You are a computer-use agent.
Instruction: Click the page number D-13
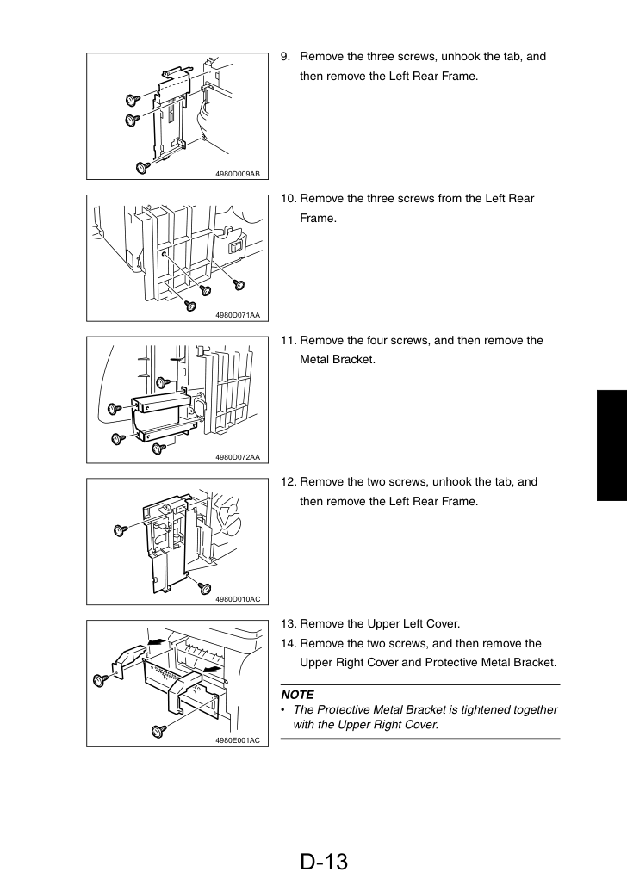[324, 862]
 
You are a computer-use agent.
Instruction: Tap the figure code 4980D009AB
[238, 174]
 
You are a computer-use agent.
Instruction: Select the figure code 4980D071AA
[238, 315]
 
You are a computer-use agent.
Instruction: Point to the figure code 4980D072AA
[238, 457]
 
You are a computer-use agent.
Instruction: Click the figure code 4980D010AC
[238, 599]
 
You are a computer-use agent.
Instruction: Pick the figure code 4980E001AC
[238, 739]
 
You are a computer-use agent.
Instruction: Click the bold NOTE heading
[297, 695]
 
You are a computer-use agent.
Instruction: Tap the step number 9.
[285, 56]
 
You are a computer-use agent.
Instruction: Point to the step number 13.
[289, 623]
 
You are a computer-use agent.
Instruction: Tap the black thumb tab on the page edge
[611, 445]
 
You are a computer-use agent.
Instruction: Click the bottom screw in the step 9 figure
[143, 167]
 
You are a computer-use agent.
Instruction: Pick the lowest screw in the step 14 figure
[159, 730]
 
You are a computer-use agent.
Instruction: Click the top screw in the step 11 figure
[163, 382]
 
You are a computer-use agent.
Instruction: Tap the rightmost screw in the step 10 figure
[239, 283]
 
